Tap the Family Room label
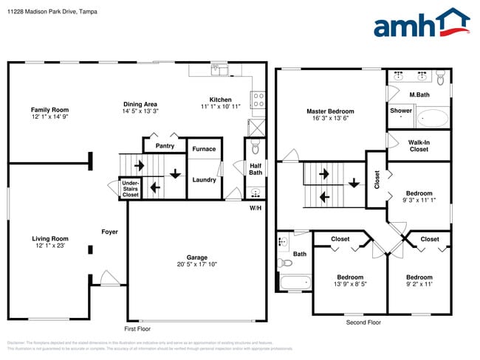point(49,109)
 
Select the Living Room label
point(49,238)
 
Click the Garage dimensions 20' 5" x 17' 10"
point(196,264)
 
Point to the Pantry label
point(165,146)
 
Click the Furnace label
point(204,149)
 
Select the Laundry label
point(204,179)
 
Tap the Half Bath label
point(256,169)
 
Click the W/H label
point(256,207)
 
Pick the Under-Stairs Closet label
point(130,189)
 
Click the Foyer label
point(109,232)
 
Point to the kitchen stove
point(258,99)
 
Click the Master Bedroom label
point(330,111)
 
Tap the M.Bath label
point(419,94)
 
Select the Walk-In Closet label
point(419,145)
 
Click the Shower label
point(401,111)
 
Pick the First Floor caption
point(137,328)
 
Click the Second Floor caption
point(363,322)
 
